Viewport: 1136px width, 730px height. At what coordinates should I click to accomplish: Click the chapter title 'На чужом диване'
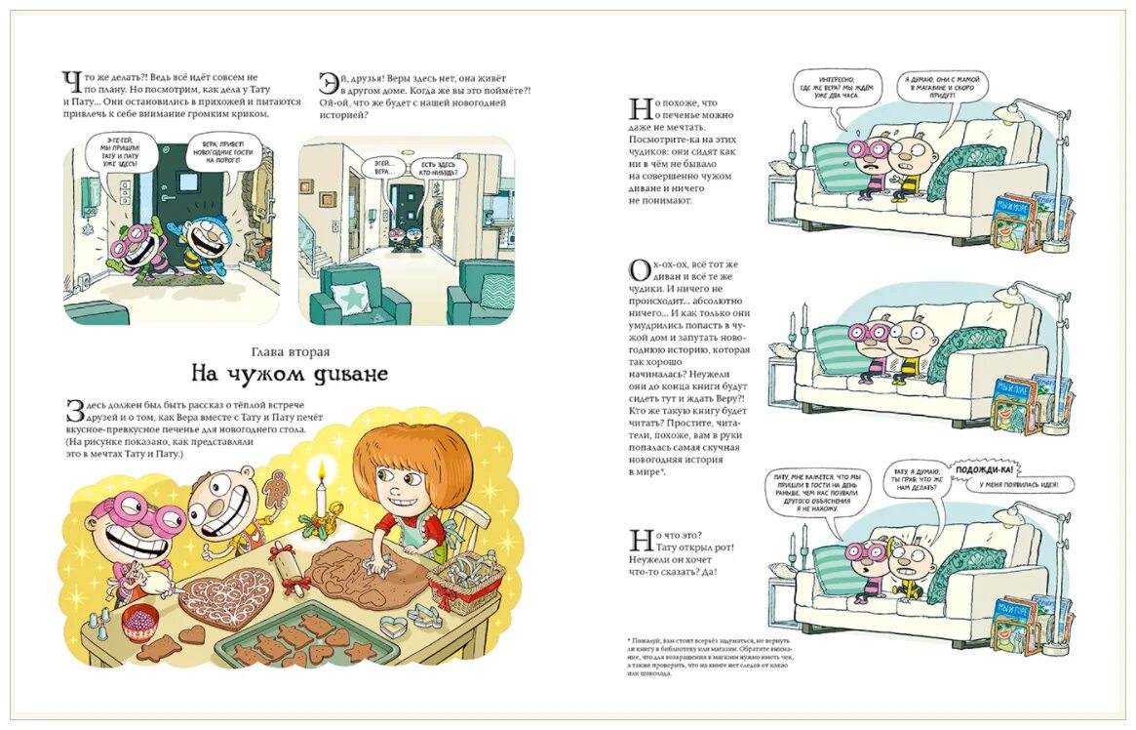pyautogui.click(x=289, y=373)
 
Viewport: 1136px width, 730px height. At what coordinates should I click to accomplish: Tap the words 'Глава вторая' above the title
pyautogui.click(x=289, y=351)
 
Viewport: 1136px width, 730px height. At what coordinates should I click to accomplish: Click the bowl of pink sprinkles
pyautogui.click(x=139, y=617)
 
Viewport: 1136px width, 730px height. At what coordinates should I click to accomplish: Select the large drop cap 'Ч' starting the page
pyautogui.click(x=70, y=84)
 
